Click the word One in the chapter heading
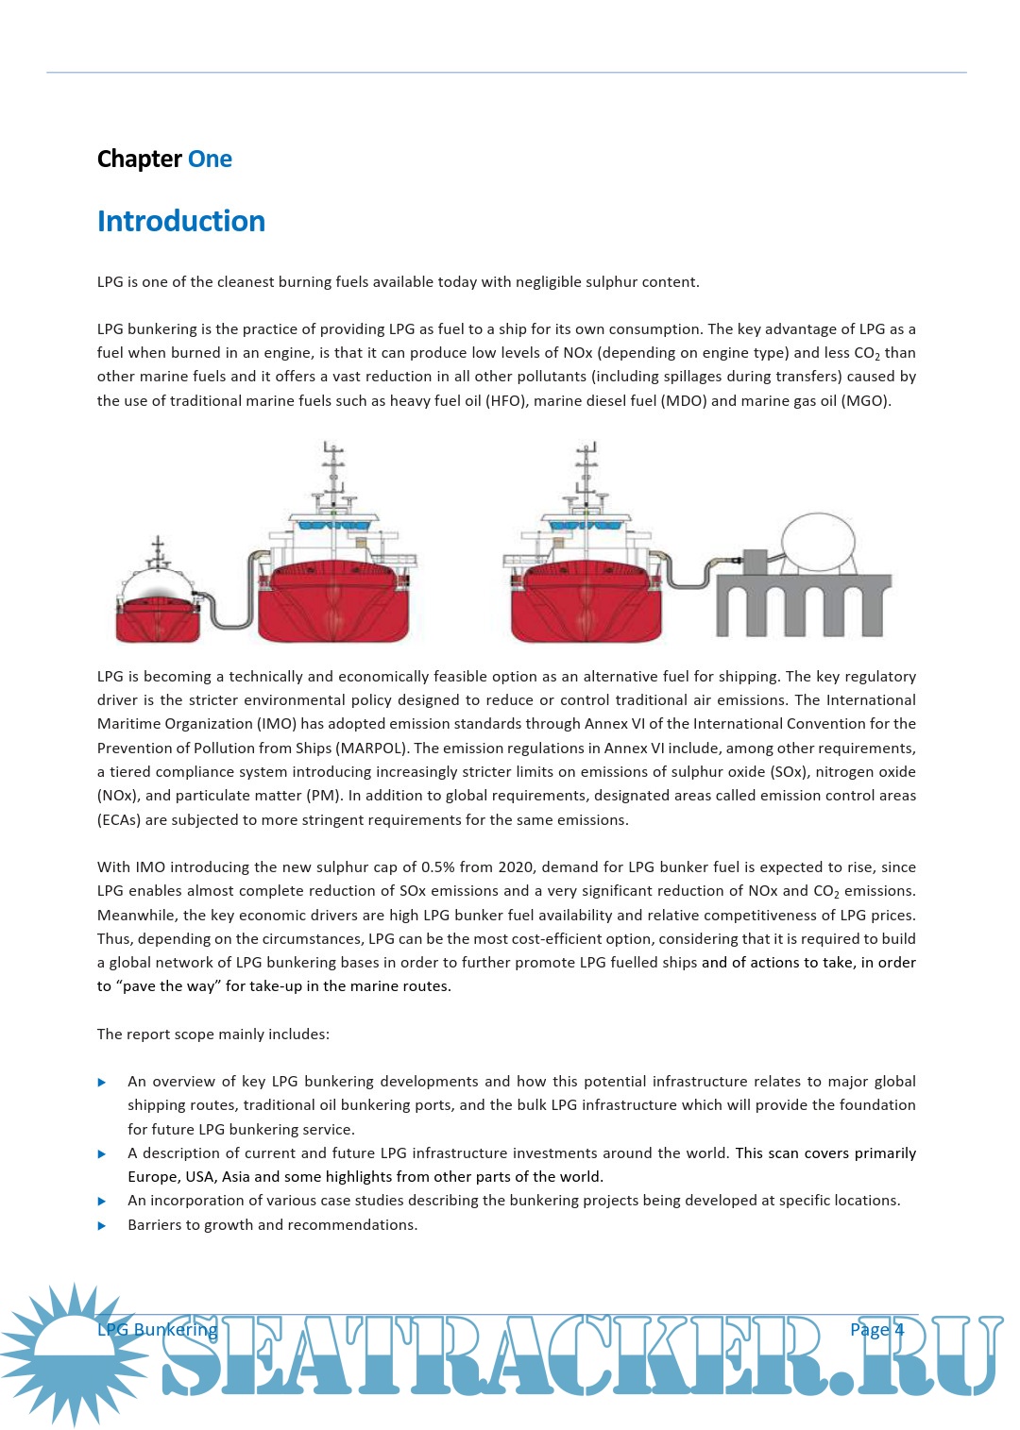[210, 159]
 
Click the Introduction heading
[181, 221]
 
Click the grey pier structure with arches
[803, 604]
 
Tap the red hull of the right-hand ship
[586, 604]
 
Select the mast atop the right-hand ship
[586, 472]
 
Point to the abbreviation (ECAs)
[119, 819]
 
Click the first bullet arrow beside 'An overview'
[102, 1083]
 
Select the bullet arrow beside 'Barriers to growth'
[102, 1226]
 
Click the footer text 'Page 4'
[876, 1329]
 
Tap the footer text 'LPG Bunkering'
[157, 1329]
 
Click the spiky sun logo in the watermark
[74, 1354]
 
